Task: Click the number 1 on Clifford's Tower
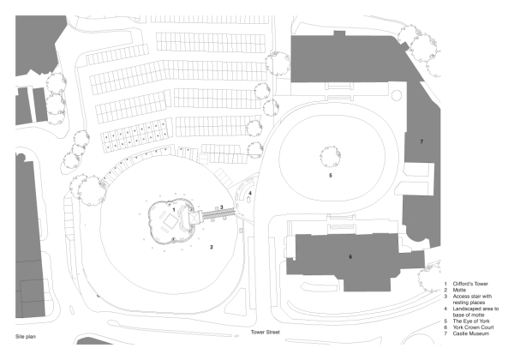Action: click(x=174, y=208)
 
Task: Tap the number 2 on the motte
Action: click(x=211, y=247)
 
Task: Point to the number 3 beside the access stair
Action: click(x=222, y=207)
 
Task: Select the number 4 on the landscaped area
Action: click(x=249, y=194)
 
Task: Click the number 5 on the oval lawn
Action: click(x=330, y=175)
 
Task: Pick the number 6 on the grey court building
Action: click(x=350, y=256)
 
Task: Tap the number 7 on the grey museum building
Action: click(x=421, y=140)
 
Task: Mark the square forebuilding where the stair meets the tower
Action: click(x=196, y=218)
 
